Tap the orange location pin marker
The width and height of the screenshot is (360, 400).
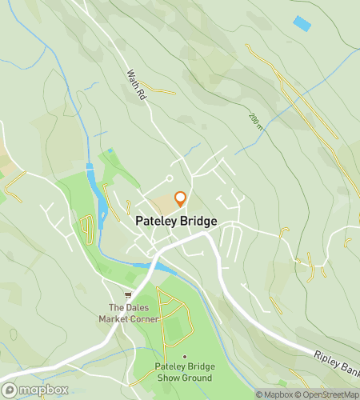coord(180,199)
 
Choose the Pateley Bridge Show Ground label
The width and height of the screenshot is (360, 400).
coord(184,372)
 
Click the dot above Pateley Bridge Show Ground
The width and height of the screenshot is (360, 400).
coord(184,357)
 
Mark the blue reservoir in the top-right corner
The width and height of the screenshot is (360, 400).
coord(302,23)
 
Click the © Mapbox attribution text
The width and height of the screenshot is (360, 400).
coord(274,394)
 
